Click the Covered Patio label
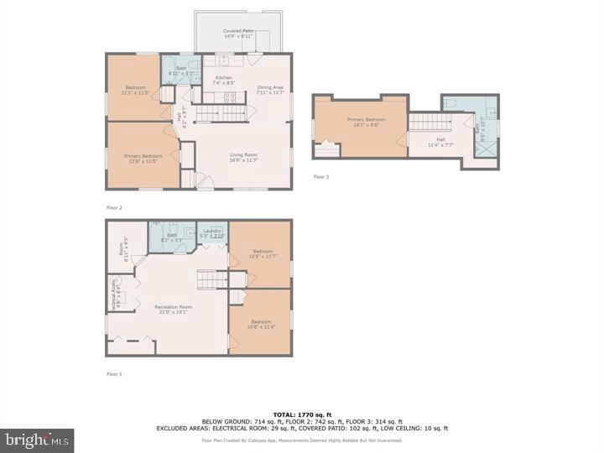[238, 34]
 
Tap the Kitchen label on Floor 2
[223, 81]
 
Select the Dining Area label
[269, 91]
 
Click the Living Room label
[244, 157]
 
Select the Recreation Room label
[173, 310]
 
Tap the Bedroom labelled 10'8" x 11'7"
[263, 253]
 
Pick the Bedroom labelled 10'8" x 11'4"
[261, 325]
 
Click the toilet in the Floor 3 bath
[450, 104]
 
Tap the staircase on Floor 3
[424, 122]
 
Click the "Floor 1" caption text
[114, 373]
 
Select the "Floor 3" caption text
[321, 177]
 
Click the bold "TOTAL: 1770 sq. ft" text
[301, 414]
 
